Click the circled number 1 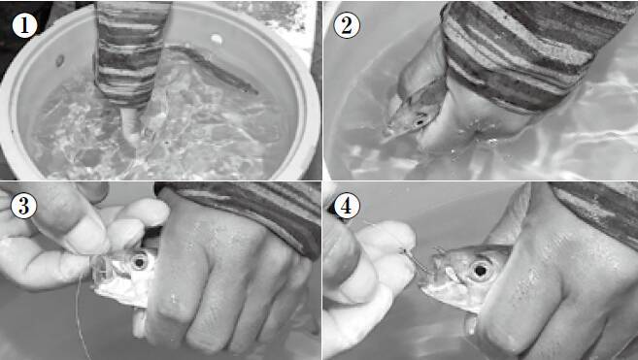click(24, 25)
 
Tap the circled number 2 click(347, 25)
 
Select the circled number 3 click(23, 206)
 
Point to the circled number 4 click(347, 206)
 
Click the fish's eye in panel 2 click(420, 121)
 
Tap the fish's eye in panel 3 click(139, 262)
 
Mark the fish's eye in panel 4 click(480, 270)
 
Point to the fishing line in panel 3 click(83, 317)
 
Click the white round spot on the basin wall click(217, 40)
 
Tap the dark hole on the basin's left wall click(59, 61)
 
